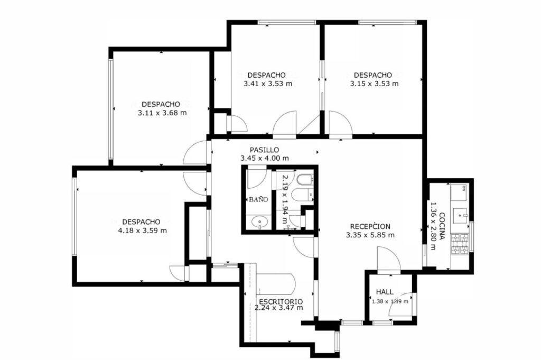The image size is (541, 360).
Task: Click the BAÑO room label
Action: tap(258, 199)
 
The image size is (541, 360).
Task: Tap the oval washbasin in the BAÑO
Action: tap(259, 221)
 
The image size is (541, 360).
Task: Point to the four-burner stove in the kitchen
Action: tap(460, 244)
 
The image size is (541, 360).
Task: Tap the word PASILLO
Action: tap(264, 150)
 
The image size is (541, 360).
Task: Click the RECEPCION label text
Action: tap(370, 226)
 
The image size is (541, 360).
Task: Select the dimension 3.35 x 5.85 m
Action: tap(370, 235)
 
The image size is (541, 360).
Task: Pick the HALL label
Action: tap(385, 292)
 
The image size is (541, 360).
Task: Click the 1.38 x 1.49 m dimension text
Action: tap(390, 301)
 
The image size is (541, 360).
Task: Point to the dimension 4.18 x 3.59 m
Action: tap(142, 230)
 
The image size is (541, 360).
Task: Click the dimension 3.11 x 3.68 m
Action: tap(162, 113)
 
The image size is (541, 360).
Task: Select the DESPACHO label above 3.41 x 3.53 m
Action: tap(266, 75)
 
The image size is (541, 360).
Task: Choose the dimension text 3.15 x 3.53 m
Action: tap(375, 84)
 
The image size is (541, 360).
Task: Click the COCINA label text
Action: tap(442, 226)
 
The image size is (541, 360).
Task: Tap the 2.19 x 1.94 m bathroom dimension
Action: tap(285, 199)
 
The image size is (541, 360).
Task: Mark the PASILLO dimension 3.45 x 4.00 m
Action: tap(265, 158)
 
